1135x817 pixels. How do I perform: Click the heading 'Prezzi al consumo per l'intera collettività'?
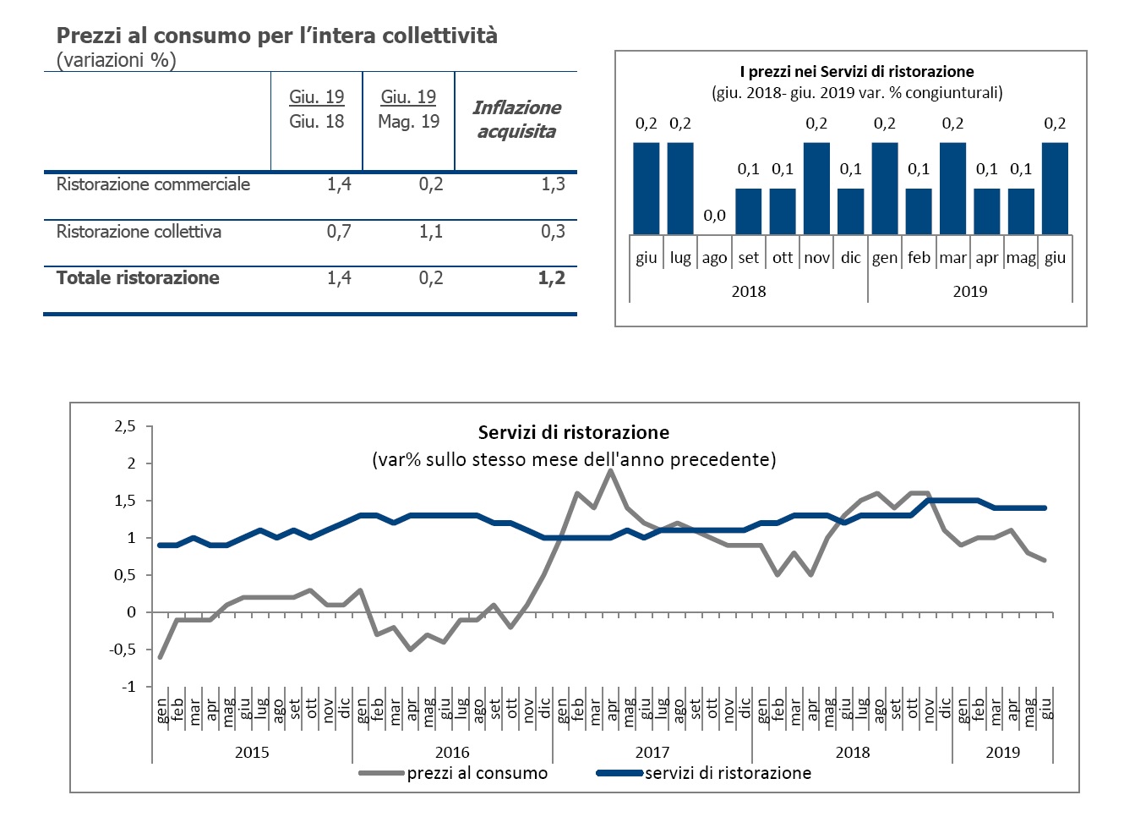[276, 36]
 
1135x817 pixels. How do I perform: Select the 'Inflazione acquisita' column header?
[516, 119]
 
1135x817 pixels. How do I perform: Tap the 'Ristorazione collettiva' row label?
[139, 232]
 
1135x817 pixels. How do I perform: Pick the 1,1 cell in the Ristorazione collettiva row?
[431, 232]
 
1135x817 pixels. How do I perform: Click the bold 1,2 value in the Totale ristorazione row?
[552, 278]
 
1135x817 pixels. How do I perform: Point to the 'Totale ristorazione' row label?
[138, 278]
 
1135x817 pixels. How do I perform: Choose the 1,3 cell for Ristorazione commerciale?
[553, 184]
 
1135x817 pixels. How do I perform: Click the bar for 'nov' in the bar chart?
[816, 188]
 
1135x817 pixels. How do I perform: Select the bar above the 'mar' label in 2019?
[952, 188]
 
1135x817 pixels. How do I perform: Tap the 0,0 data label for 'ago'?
[714, 216]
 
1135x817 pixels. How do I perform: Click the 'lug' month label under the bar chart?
[680, 258]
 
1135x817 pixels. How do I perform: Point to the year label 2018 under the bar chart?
[748, 292]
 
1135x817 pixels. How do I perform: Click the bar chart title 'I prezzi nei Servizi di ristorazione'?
[857, 72]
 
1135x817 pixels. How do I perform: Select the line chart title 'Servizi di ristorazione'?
[574, 433]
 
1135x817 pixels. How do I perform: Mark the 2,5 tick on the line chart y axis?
[125, 426]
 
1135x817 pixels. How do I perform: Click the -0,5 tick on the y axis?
[124, 650]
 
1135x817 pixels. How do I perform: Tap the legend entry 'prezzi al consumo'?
[477, 773]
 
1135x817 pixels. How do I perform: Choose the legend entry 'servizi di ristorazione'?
[728, 773]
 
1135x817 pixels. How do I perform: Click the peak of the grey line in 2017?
[610, 471]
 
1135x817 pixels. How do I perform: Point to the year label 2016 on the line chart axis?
[452, 753]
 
